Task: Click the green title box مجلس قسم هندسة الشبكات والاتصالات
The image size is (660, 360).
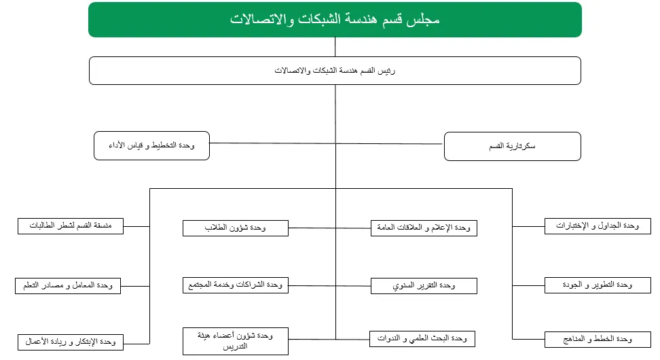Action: [x=335, y=20]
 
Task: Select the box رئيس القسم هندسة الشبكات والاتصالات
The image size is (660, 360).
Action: [x=335, y=71]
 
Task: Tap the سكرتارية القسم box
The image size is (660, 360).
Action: [x=512, y=146]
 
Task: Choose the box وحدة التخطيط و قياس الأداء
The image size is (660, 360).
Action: [x=152, y=146]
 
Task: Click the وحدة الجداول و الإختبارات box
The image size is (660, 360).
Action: [x=598, y=226]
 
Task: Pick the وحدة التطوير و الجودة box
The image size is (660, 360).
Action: [x=598, y=285]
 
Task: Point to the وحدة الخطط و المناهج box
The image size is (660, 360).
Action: [x=598, y=339]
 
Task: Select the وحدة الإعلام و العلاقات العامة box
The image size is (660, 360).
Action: [x=424, y=228]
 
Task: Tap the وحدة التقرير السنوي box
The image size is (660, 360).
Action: [x=424, y=286]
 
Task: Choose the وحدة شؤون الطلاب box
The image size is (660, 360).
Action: [x=236, y=228]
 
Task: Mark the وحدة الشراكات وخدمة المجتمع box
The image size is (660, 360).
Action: [x=236, y=285]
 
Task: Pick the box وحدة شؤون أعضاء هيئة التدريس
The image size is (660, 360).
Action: [x=236, y=341]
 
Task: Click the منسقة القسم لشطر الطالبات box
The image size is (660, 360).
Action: [x=71, y=226]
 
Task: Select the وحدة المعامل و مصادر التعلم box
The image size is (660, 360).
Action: [x=68, y=285]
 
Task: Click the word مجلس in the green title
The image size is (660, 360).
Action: [x=426, y=20]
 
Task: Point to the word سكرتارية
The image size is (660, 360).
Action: [x=522, y=146]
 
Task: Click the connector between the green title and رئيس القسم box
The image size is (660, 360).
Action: [x=335, y=46]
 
